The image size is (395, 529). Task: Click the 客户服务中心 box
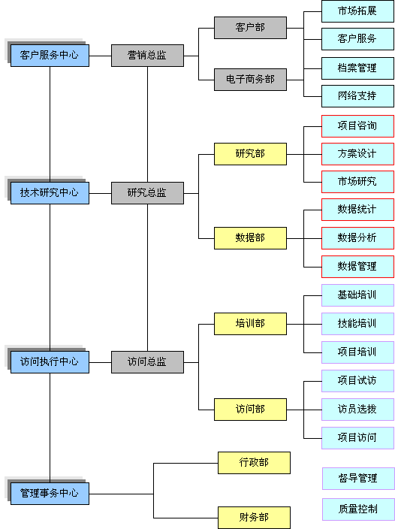[50, 56]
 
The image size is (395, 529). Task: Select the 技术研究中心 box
[50, 193]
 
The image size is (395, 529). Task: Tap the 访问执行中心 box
[50, 362]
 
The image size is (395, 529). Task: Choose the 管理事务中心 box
[50, 494]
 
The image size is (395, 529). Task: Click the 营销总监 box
[148, 56]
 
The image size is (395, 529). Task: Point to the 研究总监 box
[148, 193]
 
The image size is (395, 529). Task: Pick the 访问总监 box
[148, 362]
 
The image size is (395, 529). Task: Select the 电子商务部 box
[250, 80]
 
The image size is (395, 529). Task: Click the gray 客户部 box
[250, 28]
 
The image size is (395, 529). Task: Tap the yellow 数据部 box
[250, 238]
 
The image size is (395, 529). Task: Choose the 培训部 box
[250, 324]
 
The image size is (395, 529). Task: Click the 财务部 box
[254, 518]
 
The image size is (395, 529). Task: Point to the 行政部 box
[254, 463]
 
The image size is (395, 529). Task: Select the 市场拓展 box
[357, 11]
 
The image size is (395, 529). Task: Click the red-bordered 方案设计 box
[357, 154]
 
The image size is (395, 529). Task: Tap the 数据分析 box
[357, 238]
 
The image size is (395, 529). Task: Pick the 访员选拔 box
[357, 410]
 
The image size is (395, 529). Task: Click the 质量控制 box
[358, 509]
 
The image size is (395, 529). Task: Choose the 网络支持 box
[357, 96]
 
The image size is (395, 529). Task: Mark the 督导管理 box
[358, 479]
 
